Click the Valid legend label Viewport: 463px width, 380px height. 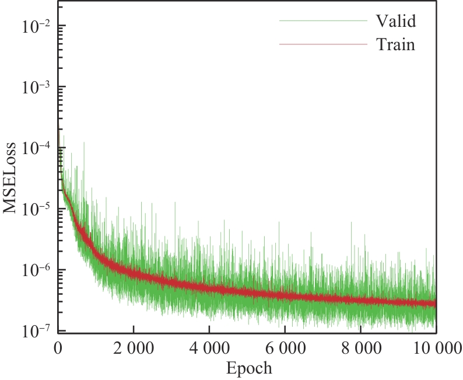395,22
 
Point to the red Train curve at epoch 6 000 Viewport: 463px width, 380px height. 285,295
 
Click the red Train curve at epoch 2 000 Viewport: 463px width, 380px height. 133,272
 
